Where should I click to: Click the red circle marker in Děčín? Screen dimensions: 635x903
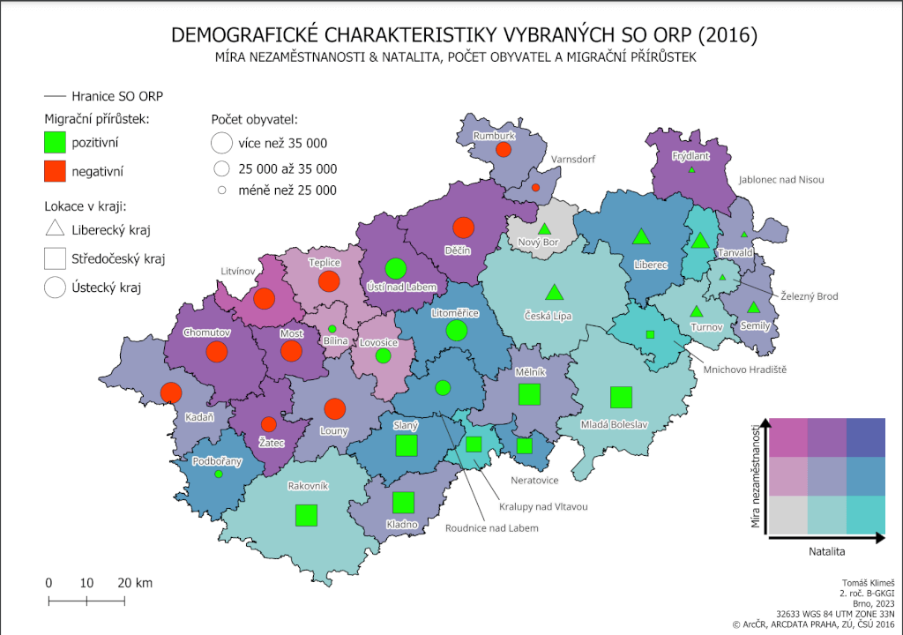pos(463,228)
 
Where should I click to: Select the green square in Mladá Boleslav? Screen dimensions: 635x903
pos(621,398)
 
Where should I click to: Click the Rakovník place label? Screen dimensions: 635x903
pos(308,486)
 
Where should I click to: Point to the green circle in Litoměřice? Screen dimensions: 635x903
pos(456,331)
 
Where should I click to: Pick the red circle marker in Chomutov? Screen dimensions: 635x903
pos(215,353)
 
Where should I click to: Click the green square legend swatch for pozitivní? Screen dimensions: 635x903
pos(56,141)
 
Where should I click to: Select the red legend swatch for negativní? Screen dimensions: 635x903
pos(56,170)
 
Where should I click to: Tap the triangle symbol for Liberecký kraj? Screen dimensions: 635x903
pos(56,230)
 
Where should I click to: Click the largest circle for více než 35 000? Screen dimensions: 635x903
pos(222,143)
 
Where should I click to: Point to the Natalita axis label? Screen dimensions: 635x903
pos(827,551)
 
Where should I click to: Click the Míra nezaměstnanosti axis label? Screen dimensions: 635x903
pos(756,477)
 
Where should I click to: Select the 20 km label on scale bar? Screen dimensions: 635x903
pos(135,583)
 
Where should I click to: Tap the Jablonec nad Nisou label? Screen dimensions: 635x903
pos(780,180)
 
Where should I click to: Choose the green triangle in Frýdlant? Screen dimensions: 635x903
pos(692,169)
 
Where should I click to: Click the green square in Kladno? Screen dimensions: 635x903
pos(403,502)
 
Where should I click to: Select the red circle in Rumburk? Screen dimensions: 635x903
pos(504,150)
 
